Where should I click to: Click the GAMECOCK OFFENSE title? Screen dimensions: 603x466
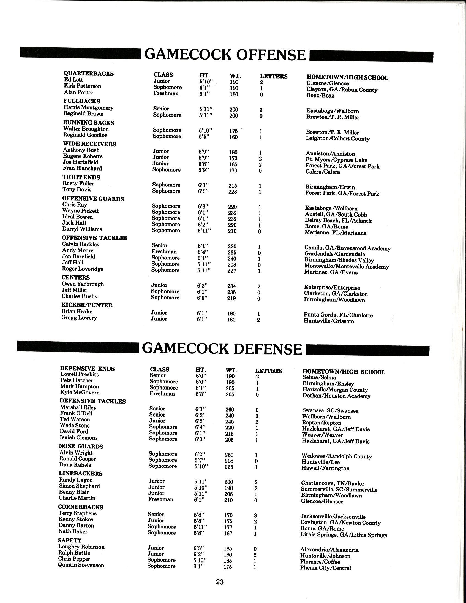[225, 54]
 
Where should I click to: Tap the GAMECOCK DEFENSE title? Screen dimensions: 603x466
[222, 349]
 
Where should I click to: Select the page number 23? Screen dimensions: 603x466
[220, 582]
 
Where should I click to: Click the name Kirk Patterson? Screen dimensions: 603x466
[83, 86]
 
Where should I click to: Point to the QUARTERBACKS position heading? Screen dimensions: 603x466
[89, 74]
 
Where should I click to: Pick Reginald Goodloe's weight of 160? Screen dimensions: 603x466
[233, 137]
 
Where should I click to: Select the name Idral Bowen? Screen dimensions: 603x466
[77, 217]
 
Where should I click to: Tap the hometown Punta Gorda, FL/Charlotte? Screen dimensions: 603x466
[338, 315]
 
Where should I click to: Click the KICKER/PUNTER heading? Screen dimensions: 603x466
[87, 305]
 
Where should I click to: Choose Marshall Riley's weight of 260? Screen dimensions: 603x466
[230, 410]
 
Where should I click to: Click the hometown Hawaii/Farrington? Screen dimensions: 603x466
[325, 468]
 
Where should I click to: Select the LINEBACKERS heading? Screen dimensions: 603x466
[81, 474]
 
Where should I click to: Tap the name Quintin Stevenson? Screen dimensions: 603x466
[81, 565]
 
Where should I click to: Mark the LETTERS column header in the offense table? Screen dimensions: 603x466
[273, 76]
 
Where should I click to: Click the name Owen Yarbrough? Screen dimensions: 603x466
[83, 284]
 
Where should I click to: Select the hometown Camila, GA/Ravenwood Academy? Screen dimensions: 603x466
[347, 248]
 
